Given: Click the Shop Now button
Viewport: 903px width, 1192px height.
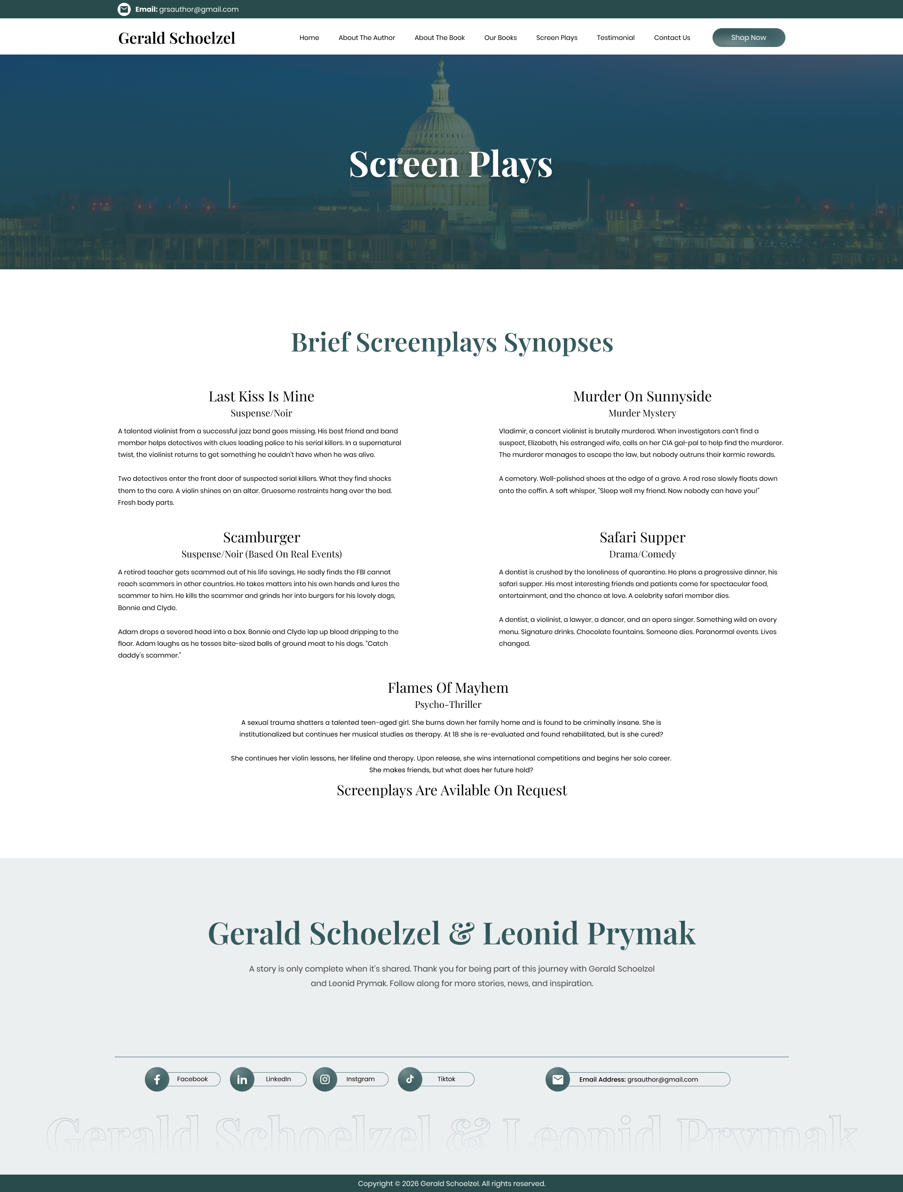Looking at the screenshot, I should (748, 38).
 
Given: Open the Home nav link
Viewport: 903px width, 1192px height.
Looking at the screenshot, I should (309, 38).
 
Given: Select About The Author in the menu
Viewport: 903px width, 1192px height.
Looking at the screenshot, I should (366, 38).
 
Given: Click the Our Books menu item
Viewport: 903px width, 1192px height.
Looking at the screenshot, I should (500, 38).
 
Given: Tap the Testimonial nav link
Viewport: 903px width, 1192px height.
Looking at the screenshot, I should (615, 38).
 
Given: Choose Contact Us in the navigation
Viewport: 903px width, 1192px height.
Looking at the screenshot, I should (672, 38).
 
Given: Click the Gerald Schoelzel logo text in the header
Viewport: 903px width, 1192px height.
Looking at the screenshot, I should (177, 38).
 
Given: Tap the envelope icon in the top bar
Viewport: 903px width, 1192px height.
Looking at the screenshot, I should (124, 9).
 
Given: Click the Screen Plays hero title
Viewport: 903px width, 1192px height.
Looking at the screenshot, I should (451, 164).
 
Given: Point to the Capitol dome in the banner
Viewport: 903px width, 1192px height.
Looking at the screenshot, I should (441, 124).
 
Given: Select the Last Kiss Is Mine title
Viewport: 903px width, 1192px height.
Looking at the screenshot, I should (261, 397).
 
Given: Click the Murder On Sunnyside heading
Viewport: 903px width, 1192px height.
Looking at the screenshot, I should (642, 397).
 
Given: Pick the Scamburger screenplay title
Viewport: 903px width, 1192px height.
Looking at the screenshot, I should (261, 537).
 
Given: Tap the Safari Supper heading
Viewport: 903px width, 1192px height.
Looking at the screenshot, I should (642, 537).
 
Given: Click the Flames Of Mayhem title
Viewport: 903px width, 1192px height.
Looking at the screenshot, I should (448, 688).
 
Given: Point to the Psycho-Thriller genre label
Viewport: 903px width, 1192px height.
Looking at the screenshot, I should (448, 704).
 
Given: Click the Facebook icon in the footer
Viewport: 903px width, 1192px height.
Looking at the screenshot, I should (157, 1079).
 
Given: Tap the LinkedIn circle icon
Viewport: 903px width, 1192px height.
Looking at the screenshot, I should (242, 1079).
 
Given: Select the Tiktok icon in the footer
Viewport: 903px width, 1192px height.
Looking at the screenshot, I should (410, 1079).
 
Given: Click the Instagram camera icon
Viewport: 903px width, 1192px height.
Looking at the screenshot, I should (325, 1079).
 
